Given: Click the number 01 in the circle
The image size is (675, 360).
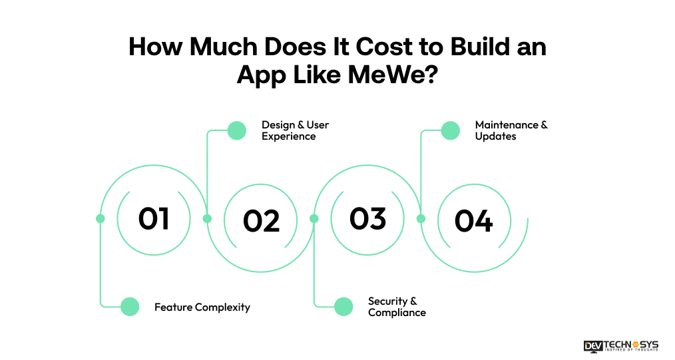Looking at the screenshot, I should click(x=154, y=218).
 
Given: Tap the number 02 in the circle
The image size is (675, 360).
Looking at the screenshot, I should click(x=261, y=221).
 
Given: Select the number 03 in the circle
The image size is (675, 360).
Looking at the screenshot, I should click(x=367, y=218).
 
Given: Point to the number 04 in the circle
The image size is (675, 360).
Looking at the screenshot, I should click(x=473, y=221).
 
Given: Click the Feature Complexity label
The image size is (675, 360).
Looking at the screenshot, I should click(x=202, y=307).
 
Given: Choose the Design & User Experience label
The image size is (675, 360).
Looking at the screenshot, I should click(x=295, y=130).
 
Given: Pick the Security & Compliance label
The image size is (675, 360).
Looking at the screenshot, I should click(x=397, y=307).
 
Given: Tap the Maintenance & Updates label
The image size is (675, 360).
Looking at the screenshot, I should click(x=511, y=130).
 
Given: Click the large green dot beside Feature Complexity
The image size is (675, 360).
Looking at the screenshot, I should click(x=130, y=307).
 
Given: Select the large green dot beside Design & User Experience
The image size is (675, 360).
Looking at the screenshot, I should click(x=237, y=130).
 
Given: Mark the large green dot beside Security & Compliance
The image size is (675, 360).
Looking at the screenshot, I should click(x=343, y=307).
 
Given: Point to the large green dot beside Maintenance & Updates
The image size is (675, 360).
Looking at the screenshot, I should click(x=451, y=130).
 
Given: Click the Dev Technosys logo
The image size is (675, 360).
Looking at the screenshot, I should click(x=620, y=346).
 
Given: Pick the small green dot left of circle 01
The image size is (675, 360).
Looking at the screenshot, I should click(x=101, y=218).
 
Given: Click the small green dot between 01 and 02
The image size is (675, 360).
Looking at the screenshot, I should click(x=207, y=218).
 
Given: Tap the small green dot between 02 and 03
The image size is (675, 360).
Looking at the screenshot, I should click(x=314, y=218).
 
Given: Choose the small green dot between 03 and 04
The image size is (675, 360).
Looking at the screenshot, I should click(x=421, y=218).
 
